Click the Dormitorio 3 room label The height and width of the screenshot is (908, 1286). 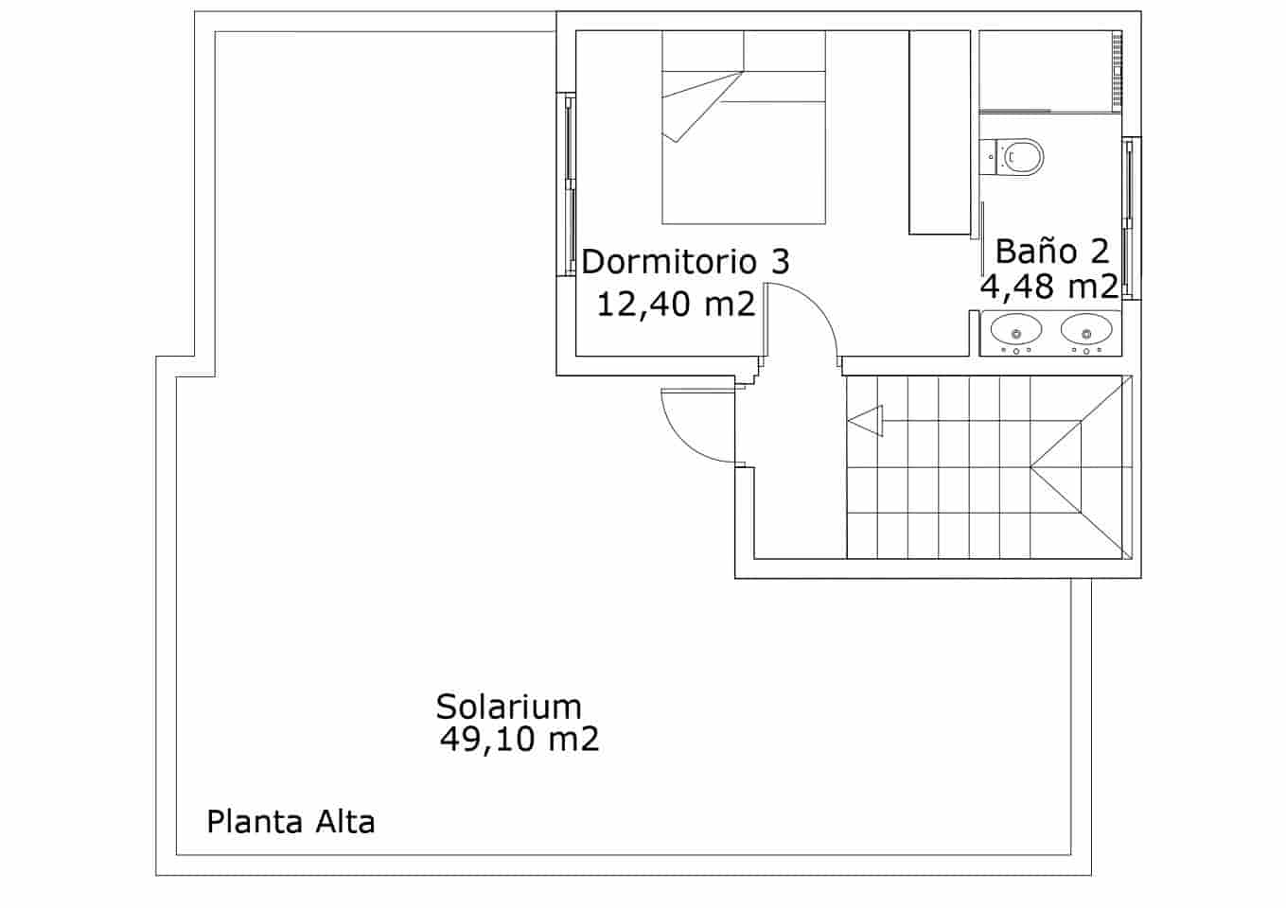pos(685,262)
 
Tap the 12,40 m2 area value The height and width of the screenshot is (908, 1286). pos(676,305)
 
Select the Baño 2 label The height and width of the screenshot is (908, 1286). pos(1051,252)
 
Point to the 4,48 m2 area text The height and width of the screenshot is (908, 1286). pos(1048,286)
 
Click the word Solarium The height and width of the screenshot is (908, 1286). pos(508,707)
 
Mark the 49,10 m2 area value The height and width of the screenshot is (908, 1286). pos(519,740)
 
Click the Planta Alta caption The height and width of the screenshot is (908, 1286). pos(291,822)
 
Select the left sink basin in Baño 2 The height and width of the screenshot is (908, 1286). pos(1016,331)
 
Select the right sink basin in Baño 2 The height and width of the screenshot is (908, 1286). pos(1085,331)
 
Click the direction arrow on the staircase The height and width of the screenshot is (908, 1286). pos(866,421)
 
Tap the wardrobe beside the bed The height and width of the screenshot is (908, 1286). pos(940,132)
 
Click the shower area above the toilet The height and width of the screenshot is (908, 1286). pos(1048,71)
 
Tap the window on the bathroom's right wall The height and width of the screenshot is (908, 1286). pos(1129,218)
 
